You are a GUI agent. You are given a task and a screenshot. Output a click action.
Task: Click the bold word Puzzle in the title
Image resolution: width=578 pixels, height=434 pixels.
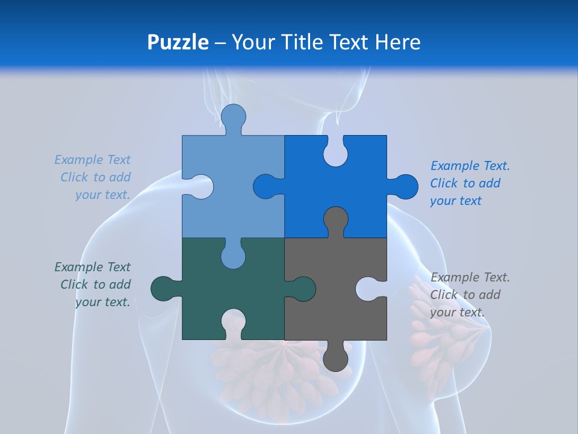pos(178,42)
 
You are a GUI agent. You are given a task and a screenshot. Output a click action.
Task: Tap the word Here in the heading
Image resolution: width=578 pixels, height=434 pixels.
pos(397,42)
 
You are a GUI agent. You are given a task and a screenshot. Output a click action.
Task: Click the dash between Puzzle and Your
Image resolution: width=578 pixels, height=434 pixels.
pos(220,42)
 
